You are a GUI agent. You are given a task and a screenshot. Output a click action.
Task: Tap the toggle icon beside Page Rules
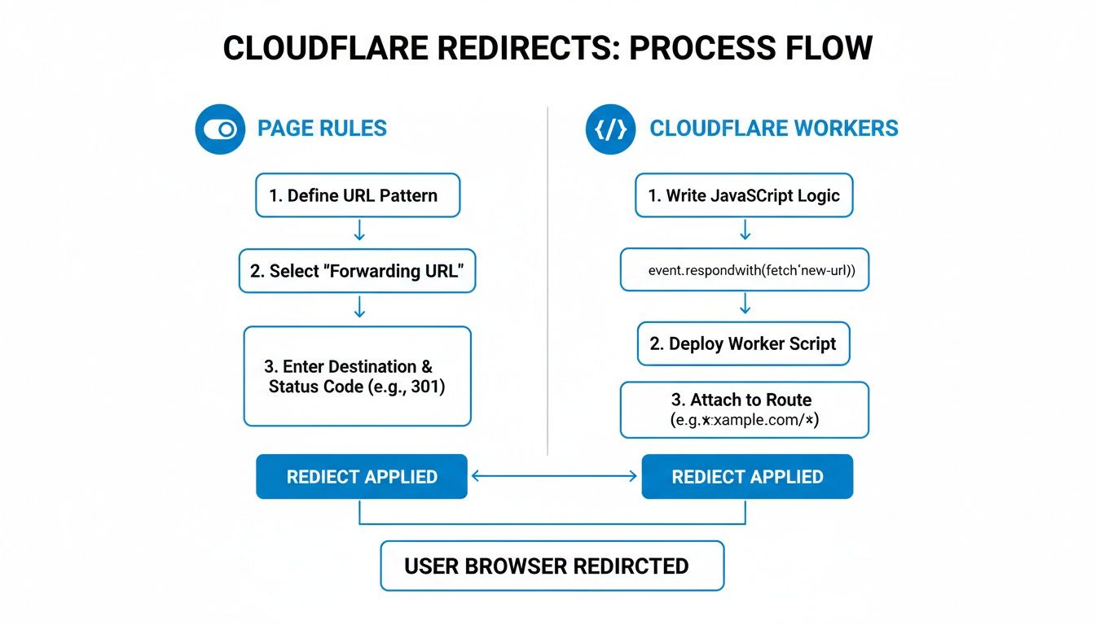[x=220, y=129]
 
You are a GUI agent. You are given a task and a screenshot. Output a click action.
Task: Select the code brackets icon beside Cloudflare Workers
[x=610, y=129]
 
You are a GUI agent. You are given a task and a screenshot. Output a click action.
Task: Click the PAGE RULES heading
[x=322, y=129]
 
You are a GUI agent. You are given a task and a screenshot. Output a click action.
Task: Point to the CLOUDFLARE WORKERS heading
[x=773, y=129]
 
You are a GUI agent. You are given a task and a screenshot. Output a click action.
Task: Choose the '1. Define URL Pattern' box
[x=358, y=195]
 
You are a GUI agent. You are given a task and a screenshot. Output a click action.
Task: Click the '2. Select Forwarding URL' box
[x=357, y=271]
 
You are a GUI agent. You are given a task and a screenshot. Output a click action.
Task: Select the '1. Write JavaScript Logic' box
[x=744, y=195]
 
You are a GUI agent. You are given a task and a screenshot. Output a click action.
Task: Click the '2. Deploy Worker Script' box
[x=743, y=343]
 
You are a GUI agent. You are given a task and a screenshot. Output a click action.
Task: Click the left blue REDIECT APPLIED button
[x=362, y=477]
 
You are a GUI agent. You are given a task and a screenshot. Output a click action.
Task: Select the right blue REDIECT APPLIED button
[x=747, y=477]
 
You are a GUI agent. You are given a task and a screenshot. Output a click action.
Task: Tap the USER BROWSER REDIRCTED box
[x=552, y=566]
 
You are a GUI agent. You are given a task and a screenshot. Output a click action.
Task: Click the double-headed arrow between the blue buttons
[x=554, y=477]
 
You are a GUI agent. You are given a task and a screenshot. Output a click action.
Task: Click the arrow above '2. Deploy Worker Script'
[x=745, y=304]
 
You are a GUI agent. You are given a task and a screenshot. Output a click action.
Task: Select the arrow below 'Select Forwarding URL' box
[x=358, y=306]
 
